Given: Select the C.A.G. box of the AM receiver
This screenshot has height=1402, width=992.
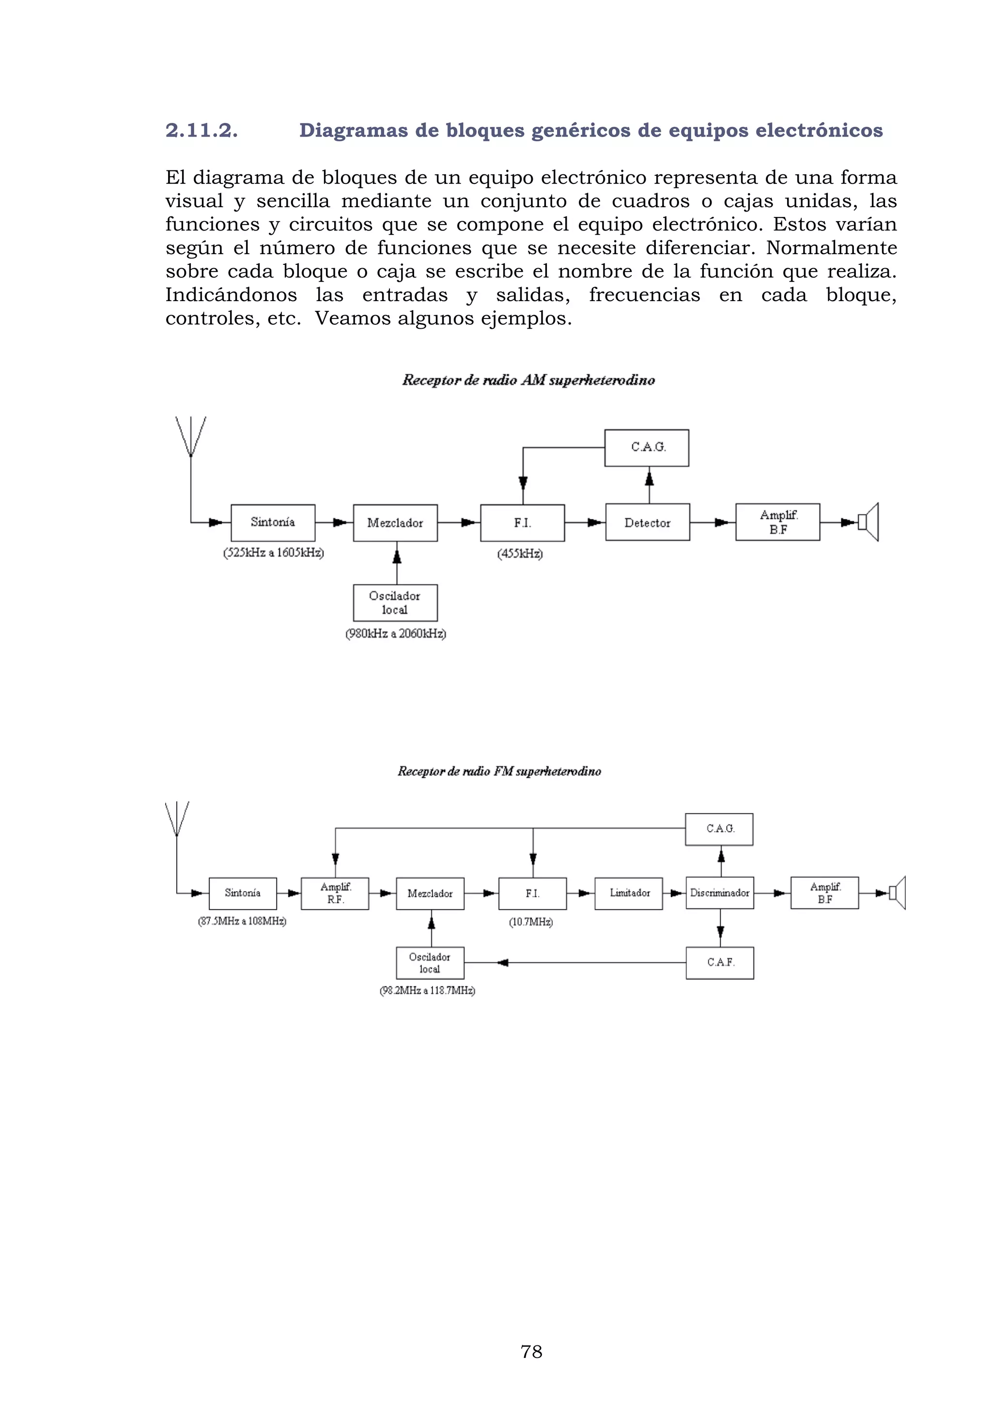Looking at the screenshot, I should tap(647, 448).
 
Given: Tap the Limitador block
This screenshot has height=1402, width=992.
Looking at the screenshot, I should tap(629, 893).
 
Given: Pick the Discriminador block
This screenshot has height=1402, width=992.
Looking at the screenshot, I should tap(720, 893).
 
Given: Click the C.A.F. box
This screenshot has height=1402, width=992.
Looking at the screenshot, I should tap(720, 963).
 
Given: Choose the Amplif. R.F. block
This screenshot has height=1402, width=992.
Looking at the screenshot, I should tap(335, 893).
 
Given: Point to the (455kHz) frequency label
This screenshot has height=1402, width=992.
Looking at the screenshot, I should tap(520, 554).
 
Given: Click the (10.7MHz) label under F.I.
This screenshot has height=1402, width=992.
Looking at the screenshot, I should tap(531, 922).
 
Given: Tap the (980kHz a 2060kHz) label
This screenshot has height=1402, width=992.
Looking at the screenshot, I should tap(396, 634).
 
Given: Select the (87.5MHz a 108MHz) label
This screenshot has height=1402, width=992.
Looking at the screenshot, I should tap(242, 921).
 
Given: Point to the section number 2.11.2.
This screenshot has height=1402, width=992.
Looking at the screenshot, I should tap(201, 130).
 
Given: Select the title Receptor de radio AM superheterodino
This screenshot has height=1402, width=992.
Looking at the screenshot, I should tap(528, 381).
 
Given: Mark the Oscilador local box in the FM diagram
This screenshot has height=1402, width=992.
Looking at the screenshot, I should tap(430, 963).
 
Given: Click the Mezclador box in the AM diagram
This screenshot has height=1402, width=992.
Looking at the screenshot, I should tap(395, 523).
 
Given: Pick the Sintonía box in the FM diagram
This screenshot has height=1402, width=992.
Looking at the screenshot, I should tap(243, 893).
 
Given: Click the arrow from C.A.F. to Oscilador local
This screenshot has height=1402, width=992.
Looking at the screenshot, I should tap(503, 963).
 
